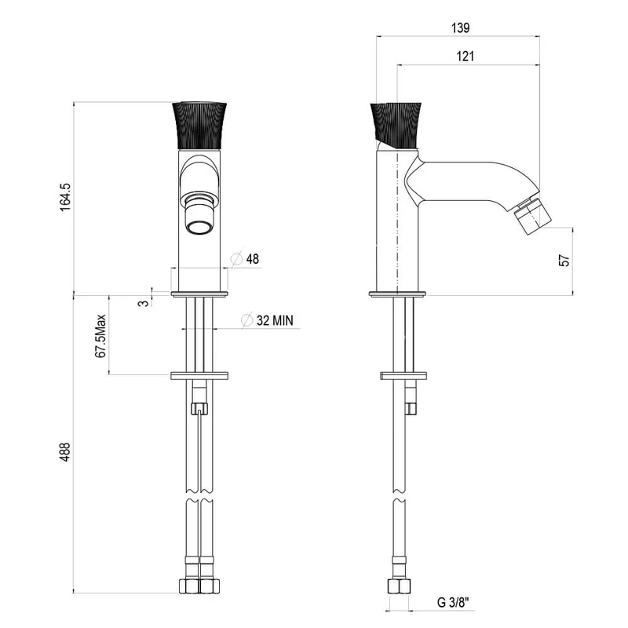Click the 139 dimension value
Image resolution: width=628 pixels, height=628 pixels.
pyautogui.click(x=460, y=28)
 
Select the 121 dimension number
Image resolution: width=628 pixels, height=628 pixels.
pyautogui.click(x=465, y=57)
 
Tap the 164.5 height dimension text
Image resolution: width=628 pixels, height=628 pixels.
pyautogui.click(x=65, y=197)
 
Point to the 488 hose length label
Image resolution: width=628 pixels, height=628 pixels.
pyautogui.click(x=65, y=452)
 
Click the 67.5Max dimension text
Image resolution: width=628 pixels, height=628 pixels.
pyautogui.click(x=100, y=336)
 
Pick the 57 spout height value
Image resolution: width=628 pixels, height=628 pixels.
pyautogui.click(x=564, y=261)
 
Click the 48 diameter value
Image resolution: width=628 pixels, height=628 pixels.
pyautogui.click(x=252, y=259)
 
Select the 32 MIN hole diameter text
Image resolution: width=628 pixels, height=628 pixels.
pyautogui.click(x=275, y=320)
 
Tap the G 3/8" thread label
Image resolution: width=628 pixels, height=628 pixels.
pyautogui.click(x=453, y=602)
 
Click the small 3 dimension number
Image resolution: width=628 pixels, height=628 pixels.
pyautogui.click(x=143, y=303)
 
